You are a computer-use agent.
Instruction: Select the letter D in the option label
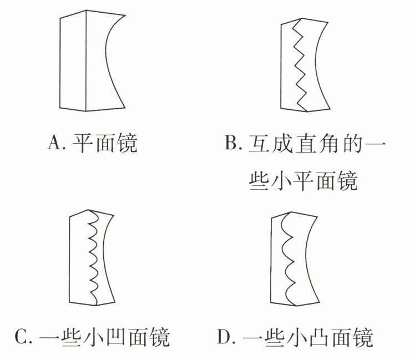click(224, 337)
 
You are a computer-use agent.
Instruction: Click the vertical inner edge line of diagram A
click(86, 61)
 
